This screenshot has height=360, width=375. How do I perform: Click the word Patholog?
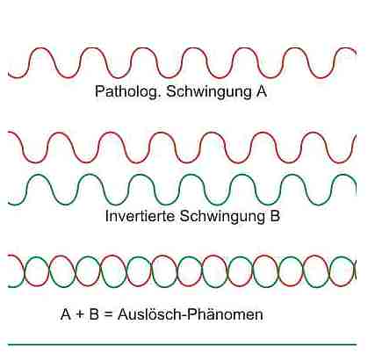(128, 92)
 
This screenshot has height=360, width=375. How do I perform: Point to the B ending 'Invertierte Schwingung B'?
(274, 216)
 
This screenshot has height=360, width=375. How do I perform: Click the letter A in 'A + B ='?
(66, 314)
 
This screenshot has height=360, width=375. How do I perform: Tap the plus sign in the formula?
(80, 315)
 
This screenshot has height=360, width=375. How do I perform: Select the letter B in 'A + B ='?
(94, 314)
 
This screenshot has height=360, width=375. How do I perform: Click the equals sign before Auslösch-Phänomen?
(108, 315)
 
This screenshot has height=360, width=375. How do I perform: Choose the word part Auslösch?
(149, 314)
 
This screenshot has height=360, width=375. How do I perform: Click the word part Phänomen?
(225, 314)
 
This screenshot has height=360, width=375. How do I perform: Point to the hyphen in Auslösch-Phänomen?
(184, 316)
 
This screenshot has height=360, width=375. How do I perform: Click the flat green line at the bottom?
(182, 344)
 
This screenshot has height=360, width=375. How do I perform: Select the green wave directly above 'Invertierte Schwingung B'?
(182, 191)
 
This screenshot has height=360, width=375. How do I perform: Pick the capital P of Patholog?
(100, 91)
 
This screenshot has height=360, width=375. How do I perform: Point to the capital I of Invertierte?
(107, 216)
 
